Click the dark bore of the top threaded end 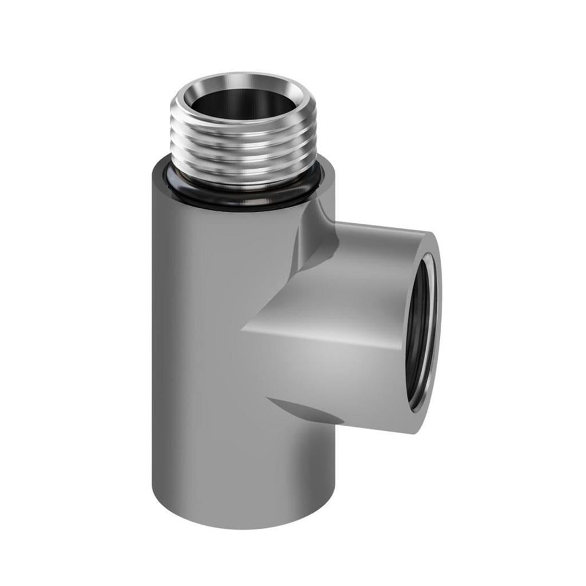244,103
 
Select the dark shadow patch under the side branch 303,410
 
